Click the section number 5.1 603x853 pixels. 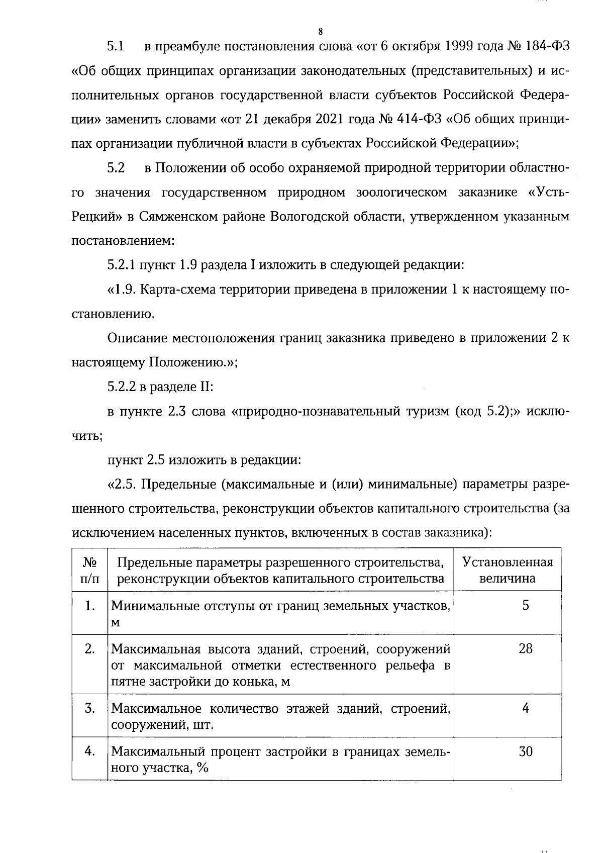coord(116,47)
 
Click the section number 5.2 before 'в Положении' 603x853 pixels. coord(116,168)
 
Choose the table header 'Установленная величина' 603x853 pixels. coord(508,570)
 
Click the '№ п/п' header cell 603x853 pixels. coord(90,570)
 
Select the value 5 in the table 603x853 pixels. coord(525,606)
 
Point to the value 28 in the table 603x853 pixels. coord(525,649)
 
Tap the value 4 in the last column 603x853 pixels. coord(525,709)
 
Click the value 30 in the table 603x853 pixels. coord(525,752)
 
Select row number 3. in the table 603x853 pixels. coord(90,709)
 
